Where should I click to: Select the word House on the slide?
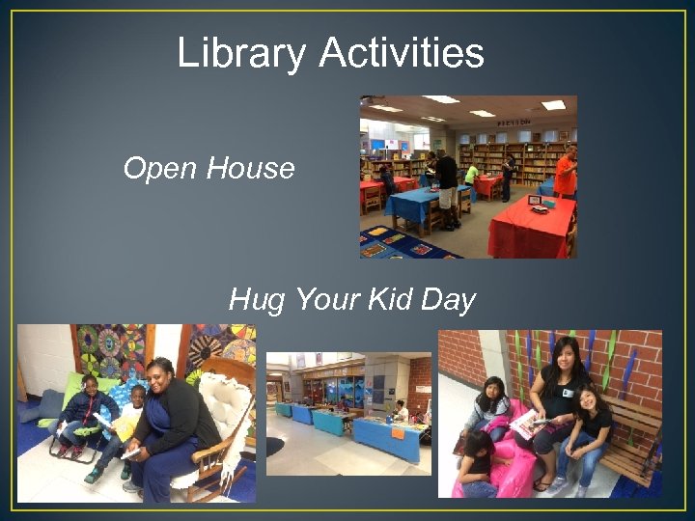click(x=249, y=169)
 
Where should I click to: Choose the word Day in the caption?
click(x=448, y=301)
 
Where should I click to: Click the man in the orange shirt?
click(x=566, y=171)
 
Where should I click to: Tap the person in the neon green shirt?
click(x=471, y=175)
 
